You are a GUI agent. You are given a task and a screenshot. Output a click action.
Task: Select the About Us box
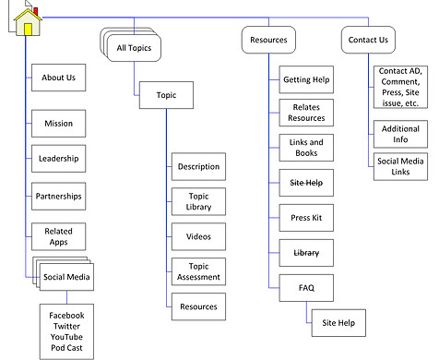[x=58, y=78]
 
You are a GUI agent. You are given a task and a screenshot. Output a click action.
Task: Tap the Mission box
[x=58, y=122]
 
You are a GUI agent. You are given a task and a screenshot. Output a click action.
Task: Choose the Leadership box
[x=58, y=159]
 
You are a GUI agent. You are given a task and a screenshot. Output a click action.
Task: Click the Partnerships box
[x=58, y=196]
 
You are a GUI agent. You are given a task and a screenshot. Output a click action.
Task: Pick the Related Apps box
[x=58, y=234]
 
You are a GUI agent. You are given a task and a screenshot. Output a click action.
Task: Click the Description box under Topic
[x=197, y=167]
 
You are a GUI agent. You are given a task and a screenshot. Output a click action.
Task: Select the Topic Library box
[x=197, y=202]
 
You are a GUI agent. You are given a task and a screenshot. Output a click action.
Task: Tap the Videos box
[x=197, y=237]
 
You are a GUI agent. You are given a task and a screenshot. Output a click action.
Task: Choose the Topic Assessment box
[x=197, y=271]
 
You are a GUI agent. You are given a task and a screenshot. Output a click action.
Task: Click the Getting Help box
[x=305, y=80]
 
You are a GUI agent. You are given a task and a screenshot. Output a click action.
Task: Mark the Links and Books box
[x=305, y=147]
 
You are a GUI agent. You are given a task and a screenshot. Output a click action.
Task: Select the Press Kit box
[x=305, y=218]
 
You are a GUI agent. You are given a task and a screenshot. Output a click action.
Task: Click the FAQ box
[x=305, y=288]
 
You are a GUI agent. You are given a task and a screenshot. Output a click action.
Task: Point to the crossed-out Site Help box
[x=305, y=184]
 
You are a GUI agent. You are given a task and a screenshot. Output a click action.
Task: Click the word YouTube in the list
[x=72, y=338]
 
